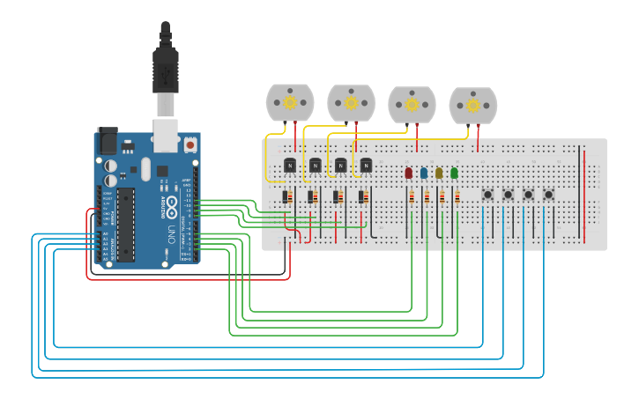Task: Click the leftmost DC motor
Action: click(x=290, y=102)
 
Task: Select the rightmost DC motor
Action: click(x=472, y=106)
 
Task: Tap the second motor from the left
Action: click(x=351, y=102)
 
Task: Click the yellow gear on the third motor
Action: click(x=412, y=105)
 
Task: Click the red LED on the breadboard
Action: click(x=408, y=173)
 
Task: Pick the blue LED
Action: click(x=424, y=173)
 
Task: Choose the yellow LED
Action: click(x=439, y=173)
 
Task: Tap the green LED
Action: click(x=454, y=173)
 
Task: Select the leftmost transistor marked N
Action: click(x=289, y=165)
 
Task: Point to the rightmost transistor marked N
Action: click(x=366, y=165)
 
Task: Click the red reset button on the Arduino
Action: click(x=189, y=144)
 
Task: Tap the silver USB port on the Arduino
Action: click(x=164, y=132)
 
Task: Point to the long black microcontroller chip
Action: click(x=126, y=224)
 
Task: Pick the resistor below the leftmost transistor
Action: click(x=286, y=198)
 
